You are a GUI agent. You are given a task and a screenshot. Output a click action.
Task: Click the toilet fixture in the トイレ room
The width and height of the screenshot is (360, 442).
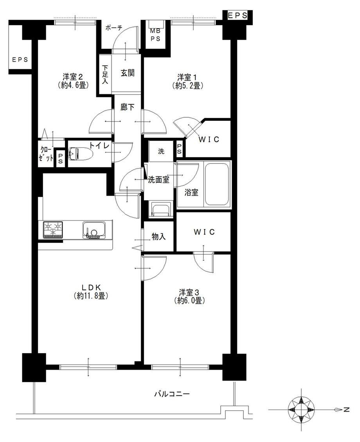click(80, 154)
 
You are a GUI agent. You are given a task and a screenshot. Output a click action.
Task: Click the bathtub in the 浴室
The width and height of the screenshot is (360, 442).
click(216, 184)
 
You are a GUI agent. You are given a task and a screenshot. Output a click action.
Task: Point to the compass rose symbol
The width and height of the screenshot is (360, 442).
click(301, 410)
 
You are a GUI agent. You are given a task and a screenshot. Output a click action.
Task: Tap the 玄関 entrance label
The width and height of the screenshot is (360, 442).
click(128, 73)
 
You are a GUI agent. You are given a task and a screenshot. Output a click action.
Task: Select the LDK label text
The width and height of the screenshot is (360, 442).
click(91, 287)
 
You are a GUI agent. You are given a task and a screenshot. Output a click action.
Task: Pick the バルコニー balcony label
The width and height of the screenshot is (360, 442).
click(172, 394)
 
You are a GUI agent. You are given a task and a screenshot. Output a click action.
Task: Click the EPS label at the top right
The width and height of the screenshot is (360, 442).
click(238, 16)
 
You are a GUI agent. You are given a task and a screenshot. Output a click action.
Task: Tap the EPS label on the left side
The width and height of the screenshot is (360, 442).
click(20, 60)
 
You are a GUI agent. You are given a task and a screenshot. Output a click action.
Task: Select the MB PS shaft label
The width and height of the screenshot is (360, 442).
click(155, 35)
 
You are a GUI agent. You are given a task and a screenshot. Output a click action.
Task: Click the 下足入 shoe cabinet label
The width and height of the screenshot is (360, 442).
click(105, 74)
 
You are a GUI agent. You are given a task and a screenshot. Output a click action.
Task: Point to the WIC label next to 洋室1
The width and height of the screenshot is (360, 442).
click(209, 139)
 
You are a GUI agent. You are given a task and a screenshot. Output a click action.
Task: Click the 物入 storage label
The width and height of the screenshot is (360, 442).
click(158, 237)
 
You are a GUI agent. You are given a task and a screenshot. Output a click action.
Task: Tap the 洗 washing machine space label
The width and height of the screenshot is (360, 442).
click(161, 151)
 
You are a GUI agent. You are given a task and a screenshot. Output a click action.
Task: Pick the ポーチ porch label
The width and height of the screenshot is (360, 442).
click(114, 28)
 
